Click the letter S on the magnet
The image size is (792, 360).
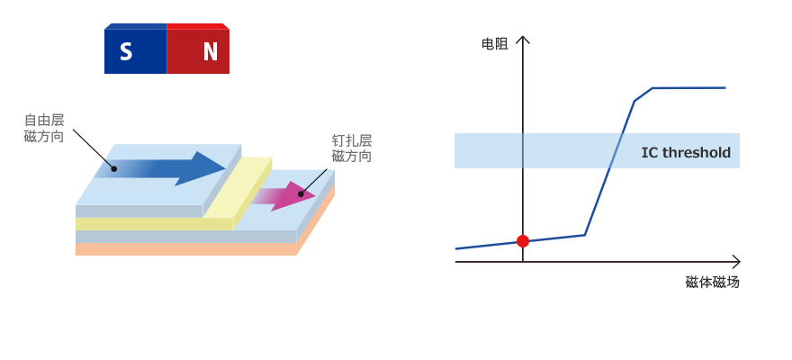click(126, 52)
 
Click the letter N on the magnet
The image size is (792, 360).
click(210, 52)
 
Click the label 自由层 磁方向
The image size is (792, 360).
click(44, 128)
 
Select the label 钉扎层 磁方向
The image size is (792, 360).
click(351, 148)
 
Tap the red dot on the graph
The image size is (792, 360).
click(523, 241)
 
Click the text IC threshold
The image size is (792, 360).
click(686, 152)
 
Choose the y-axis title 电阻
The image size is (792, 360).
click(494, 43)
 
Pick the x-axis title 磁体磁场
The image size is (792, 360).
click(712, 282)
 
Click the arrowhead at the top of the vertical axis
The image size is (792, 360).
click(523, 39)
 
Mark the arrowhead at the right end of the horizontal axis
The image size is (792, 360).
click(736, 262)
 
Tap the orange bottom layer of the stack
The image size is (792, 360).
click(180, 249)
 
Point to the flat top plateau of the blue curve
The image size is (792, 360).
click(688, 88)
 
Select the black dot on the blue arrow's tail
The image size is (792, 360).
click(113, 168)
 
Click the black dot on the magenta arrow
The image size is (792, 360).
click(301, 193)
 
